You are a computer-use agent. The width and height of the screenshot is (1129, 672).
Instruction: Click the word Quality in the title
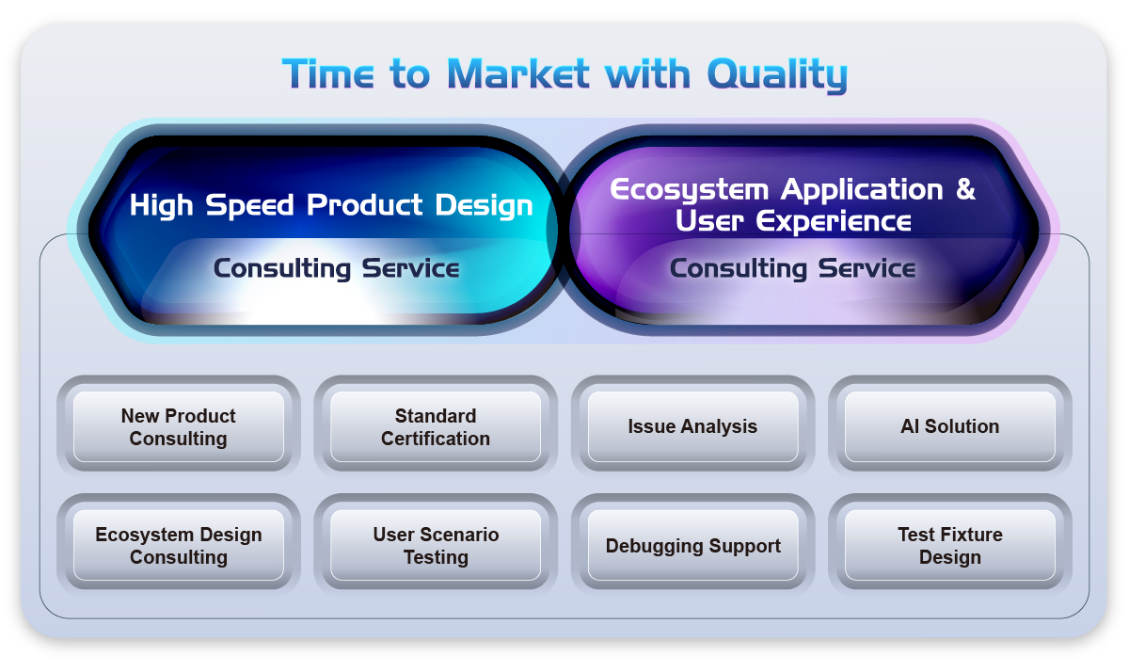pos(777,74)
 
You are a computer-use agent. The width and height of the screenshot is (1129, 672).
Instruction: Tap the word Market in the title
pos(518,73)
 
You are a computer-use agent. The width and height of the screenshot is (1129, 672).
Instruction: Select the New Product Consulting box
pos(179,426)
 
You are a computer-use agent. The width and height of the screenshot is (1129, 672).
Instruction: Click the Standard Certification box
pos(436,426)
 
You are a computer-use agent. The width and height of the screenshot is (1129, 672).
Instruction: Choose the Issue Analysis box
pos(692,426)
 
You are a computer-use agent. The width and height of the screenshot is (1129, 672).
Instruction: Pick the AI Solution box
pos(949,426)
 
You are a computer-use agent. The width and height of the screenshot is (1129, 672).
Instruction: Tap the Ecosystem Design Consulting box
pos(179,545)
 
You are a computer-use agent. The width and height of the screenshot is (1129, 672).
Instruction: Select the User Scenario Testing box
pos(436,545)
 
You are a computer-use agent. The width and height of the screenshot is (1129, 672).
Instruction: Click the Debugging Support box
pos(692,545)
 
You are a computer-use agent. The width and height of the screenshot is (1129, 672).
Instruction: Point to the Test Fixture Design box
pos(949,545)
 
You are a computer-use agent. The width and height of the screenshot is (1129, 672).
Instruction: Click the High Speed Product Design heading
pos(331,206)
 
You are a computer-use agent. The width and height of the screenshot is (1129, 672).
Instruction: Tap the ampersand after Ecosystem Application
pos(965,189)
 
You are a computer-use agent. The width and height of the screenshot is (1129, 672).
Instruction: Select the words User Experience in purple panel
pos(793,221)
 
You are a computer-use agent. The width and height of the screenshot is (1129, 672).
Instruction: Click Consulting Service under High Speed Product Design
pos(336,268)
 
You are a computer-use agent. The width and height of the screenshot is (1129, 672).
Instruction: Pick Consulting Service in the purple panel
pos(792,268)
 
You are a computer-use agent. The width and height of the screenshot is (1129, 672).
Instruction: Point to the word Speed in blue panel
pos(249,206)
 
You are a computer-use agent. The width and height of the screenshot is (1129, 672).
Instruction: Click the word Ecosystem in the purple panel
pos(689,190)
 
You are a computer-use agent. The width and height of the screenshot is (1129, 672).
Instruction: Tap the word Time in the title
pos(328,73)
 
